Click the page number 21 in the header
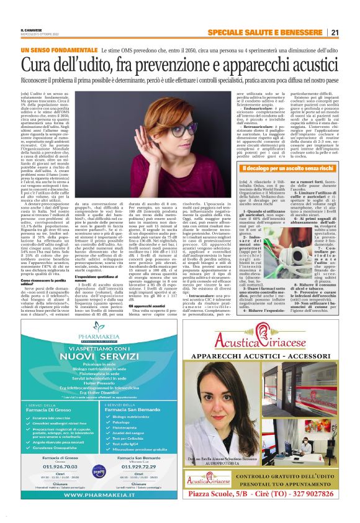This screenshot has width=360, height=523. (351, 32)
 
